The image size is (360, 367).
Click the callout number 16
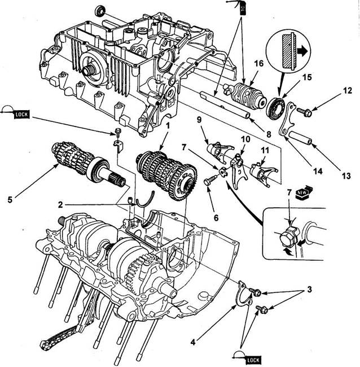pos(258,63)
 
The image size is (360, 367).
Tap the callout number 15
pos(307,77)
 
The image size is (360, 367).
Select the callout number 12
pos(348,90)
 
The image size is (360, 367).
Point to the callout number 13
pos(346,176)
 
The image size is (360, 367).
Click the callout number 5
pos(10,200)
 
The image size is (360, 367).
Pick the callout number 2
pos(60,205)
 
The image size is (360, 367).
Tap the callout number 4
pos(193,342)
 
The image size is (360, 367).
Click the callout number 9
pos(199,120)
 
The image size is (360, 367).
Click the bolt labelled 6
pos(211,180)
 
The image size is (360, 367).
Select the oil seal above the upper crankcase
pos(100,11)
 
